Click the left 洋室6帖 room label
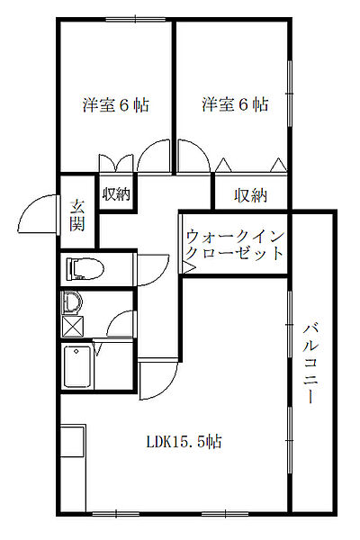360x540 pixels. [x=116, y=105]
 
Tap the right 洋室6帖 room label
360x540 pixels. [x=235, y=105]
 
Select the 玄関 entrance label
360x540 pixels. [x=78, y=214]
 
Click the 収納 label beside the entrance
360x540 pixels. [x=116, y=193]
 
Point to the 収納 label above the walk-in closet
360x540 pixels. [x=251, y=193]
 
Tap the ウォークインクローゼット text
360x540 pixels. [x=236, y=245]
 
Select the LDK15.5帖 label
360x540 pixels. [x=185, y=442]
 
